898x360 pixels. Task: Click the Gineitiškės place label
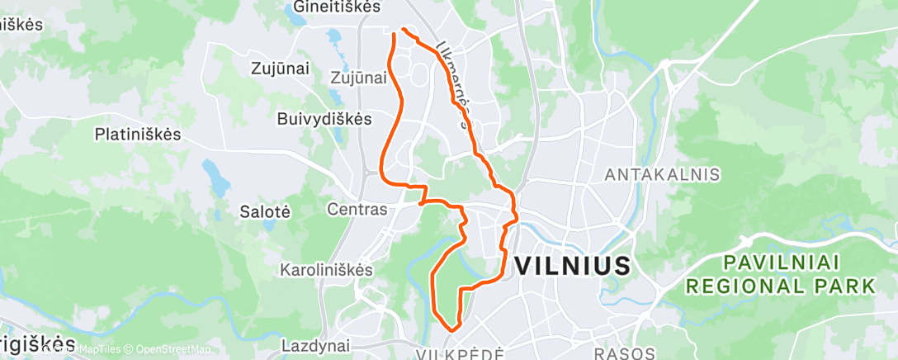[x=337, y=7]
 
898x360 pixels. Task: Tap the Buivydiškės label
[x=324, y=118]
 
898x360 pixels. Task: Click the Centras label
[x=357, y=210]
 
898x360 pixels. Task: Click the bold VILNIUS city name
[x=573, y=266]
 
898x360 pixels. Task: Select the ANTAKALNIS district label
[x=663, y=175]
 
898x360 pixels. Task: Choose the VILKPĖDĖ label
[x=459, y=353]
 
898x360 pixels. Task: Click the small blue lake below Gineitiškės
[x=335, y=37]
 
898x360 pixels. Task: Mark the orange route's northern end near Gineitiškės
[x=403, y=30]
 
